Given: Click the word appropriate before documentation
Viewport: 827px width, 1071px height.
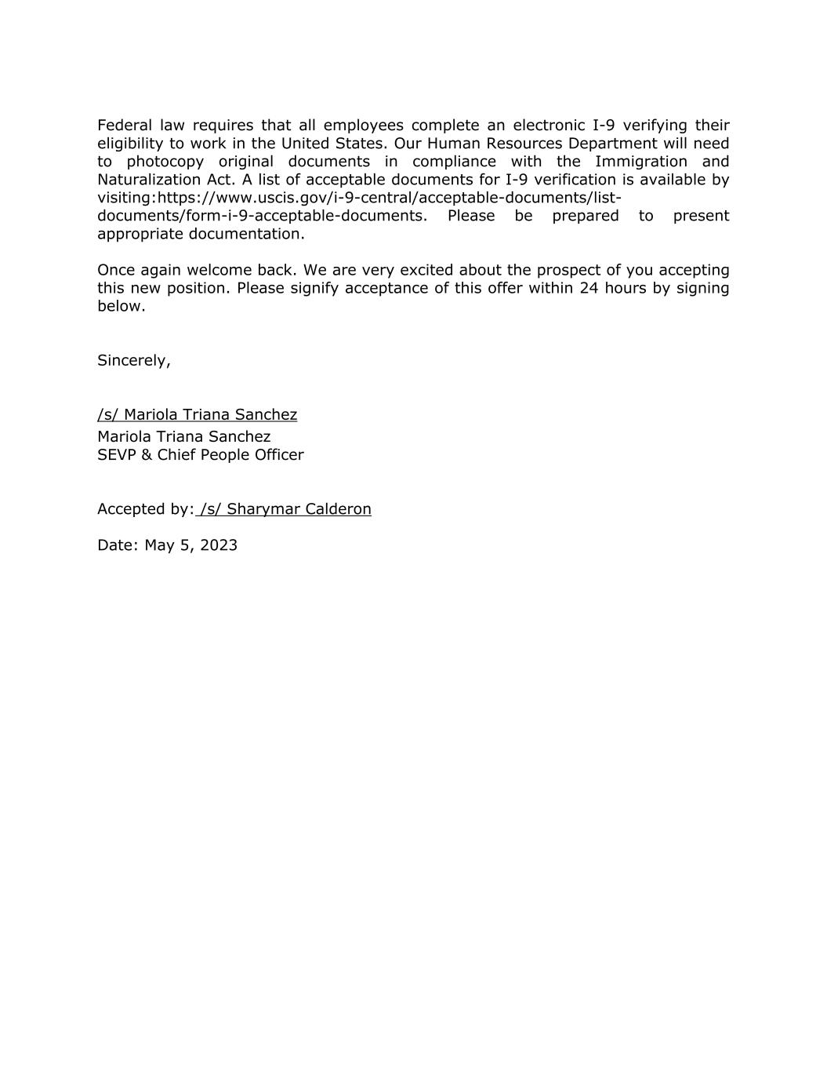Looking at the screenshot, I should tap(140, 234).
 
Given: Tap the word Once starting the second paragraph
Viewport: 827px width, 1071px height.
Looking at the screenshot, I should tap(116, 270).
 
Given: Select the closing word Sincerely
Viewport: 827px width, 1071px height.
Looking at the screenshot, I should tap(133, 360).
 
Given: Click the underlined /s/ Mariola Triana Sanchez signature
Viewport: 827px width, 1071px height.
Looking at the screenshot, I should tap(197, 414).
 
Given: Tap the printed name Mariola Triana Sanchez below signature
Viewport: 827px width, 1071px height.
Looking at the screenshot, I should tap(183, 436).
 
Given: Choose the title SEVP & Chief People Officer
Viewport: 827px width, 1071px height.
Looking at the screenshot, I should tap(200, 455).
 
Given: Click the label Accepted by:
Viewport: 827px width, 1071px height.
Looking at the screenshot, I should tap(145, 509).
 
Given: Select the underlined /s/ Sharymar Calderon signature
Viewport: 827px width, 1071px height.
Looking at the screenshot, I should tap(285, 509).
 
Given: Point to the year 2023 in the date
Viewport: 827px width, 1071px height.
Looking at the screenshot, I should tap(219, 545).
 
